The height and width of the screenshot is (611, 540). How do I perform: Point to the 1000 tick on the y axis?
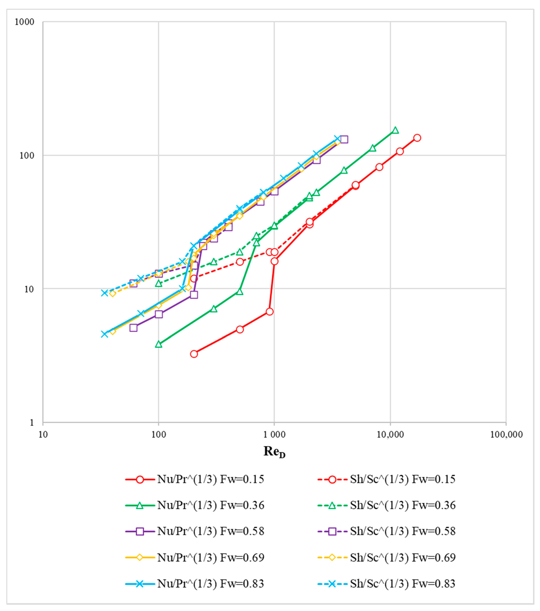coord(24,22)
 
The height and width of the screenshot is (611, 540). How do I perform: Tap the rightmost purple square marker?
coord(344,139)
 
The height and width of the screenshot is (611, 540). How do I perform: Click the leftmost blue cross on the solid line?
coord(104,334)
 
